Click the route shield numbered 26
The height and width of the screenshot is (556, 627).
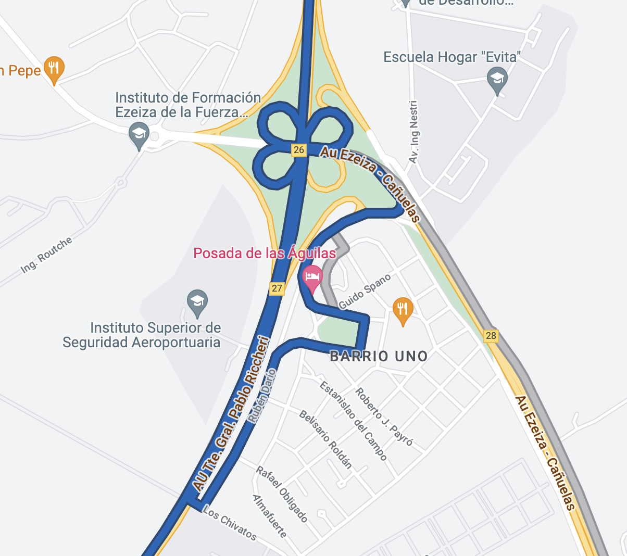[298, 150]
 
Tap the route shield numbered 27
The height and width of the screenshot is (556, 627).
[277, 288]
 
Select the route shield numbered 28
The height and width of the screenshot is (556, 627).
[491, 336]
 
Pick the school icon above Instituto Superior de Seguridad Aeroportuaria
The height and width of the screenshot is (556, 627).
[197, 302]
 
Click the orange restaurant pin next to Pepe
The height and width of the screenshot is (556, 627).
[54, 68]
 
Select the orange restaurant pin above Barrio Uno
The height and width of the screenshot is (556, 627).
[403, 309]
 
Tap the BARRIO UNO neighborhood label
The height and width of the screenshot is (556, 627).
[379, 357]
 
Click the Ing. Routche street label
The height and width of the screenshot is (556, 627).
[46, 255]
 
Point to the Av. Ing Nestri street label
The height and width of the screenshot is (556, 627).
[414, 132]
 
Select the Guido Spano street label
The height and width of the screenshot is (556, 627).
[365, 292]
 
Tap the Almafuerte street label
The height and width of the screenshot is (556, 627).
[269, 516]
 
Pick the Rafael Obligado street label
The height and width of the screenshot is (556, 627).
[281, 494]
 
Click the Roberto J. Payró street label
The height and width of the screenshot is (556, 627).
[384, 417]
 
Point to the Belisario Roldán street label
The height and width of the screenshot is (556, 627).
[325, 439]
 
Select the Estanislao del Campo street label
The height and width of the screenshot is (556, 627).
[354, 421]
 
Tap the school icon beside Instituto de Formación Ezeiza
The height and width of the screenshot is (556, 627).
[139, 134]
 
